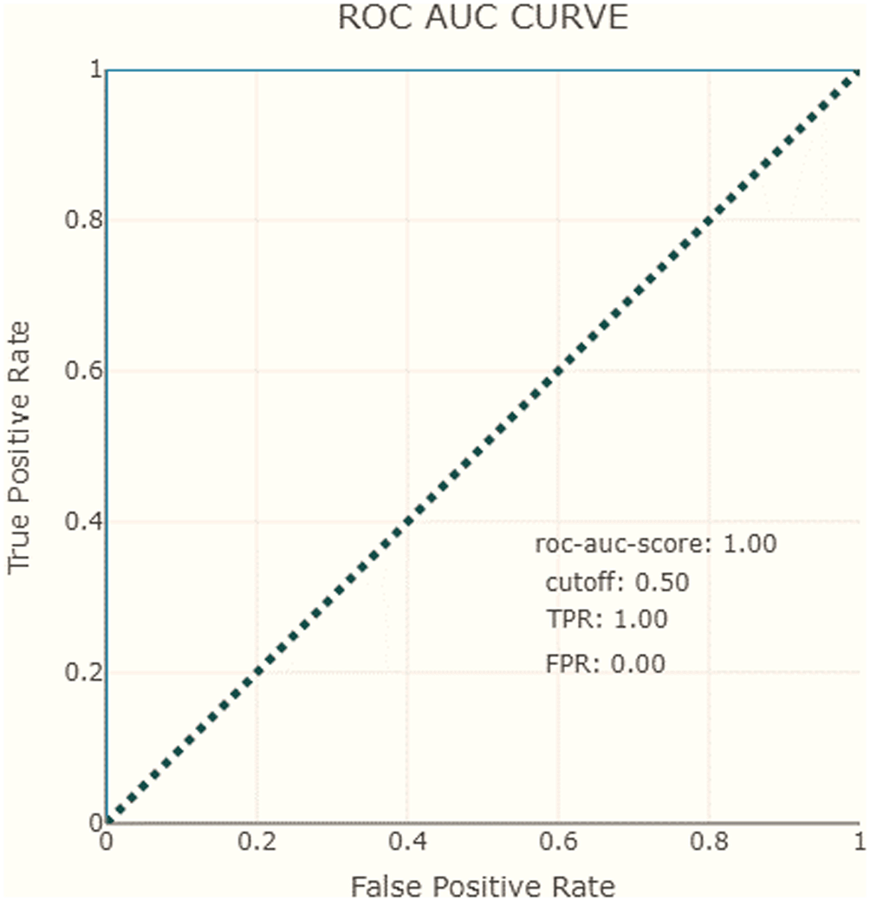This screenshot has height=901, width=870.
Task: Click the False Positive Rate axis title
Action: (x=483, y=886)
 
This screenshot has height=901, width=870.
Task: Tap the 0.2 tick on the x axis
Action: (x=256, y=842)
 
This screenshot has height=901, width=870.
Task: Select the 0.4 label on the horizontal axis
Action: (x=407, y=842)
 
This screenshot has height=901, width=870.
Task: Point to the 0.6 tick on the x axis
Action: (x=558, y=842)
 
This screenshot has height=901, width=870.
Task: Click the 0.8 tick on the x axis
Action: (x=709, y=842)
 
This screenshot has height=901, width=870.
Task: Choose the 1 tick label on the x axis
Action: (x=859, y=842)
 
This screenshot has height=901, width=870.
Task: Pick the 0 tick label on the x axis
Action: (x=106, y=842)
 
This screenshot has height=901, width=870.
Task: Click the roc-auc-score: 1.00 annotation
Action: (x=656, y=545)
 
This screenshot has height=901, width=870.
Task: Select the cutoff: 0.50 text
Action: (x=618, y=583)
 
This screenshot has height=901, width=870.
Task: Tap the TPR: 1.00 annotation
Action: (x=607, y=620)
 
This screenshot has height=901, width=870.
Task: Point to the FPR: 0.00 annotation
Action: (x=606, y=665)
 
